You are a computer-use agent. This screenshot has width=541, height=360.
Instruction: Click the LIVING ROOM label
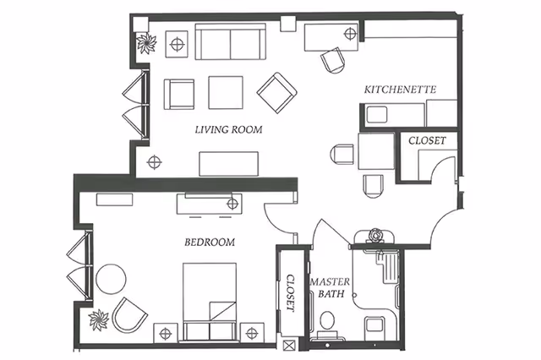click(x=228, y=129)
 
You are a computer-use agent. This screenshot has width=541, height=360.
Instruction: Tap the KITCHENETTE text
click(x=400, y=89)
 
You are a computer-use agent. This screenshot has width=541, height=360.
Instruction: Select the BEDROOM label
click(x=209, y=243)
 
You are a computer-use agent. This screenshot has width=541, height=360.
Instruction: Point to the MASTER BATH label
click(x=325, y=287)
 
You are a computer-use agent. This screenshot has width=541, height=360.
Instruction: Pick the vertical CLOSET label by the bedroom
click(x=289, y=292)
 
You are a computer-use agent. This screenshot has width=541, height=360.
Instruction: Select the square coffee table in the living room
click(x=225, y=92)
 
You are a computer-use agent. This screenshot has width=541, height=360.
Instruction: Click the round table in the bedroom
click(x=110, y=278)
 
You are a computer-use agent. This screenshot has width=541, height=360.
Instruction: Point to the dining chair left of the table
click(x=342, y=155)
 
